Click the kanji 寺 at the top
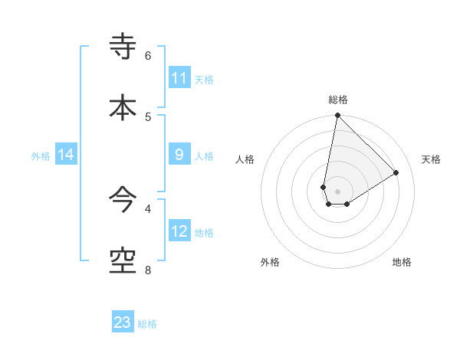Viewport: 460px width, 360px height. tap(123, 46)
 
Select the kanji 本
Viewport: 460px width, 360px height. tap(123, 107)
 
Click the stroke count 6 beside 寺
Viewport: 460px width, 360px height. tap(148, 56)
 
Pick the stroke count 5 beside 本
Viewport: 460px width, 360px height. tap(148, 116)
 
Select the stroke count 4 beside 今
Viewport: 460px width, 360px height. tap(148, 208)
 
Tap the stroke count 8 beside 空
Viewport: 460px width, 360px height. tap(148, 270)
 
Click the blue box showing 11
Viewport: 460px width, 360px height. tap(179, 78)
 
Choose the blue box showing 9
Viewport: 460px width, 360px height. tap(179, 155)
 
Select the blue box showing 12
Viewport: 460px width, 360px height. tap(179, 231)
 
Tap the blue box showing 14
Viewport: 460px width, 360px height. tap(66, 155)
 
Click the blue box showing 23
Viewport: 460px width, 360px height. tap(123, 322)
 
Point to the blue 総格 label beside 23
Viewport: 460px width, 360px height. tap(147, 324)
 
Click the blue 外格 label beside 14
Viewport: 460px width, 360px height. tap(41, 156)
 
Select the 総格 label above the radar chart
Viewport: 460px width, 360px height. tap(338, 100)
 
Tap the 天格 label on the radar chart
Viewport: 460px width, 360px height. tap(431, 159)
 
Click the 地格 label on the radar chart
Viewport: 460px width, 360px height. tap(402, 262)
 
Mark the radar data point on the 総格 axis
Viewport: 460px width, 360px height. tap(337, 116)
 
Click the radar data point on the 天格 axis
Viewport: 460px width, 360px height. tap(396, 172)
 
